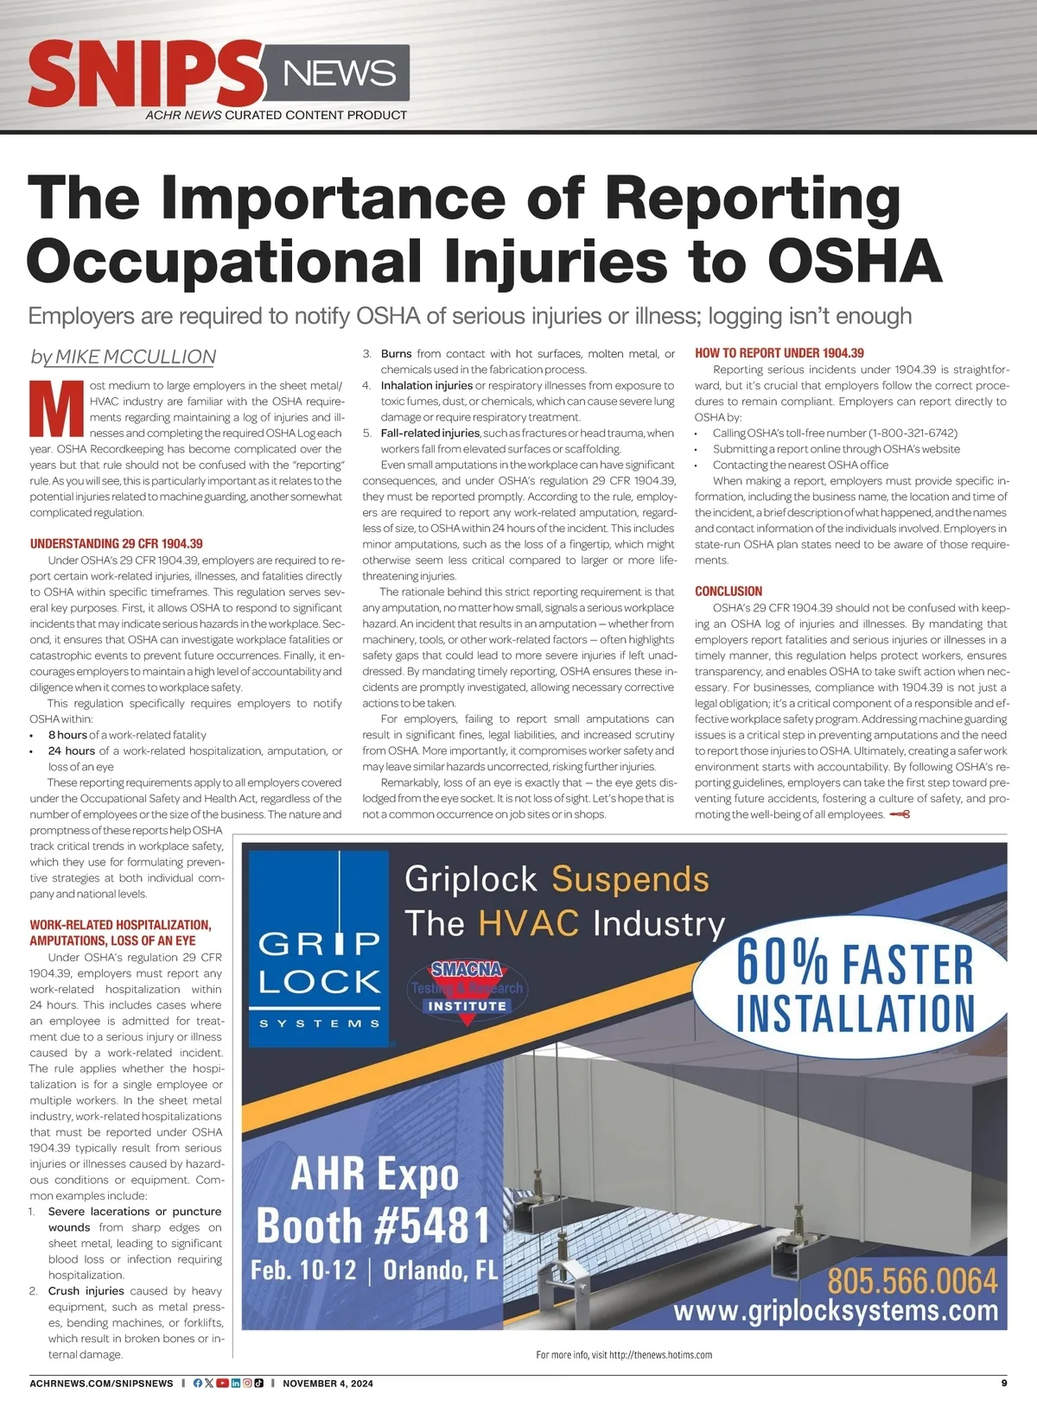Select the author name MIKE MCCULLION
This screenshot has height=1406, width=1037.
[136, 357]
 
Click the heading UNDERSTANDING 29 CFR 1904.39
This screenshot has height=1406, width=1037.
[117, 543]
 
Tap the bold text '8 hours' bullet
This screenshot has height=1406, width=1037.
[67, 735]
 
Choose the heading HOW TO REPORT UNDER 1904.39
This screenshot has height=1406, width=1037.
[779, 353]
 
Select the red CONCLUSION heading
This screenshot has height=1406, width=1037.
[728, 592]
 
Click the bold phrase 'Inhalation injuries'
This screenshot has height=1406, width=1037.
[427, 385]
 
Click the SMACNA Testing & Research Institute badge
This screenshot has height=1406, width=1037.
[468, 991]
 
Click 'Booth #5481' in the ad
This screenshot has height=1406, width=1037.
[373, 1225]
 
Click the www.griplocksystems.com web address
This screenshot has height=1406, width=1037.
[835, 1311]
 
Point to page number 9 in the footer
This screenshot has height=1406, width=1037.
[1004, 1383]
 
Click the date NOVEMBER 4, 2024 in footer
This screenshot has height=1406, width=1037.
[328, 1384]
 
